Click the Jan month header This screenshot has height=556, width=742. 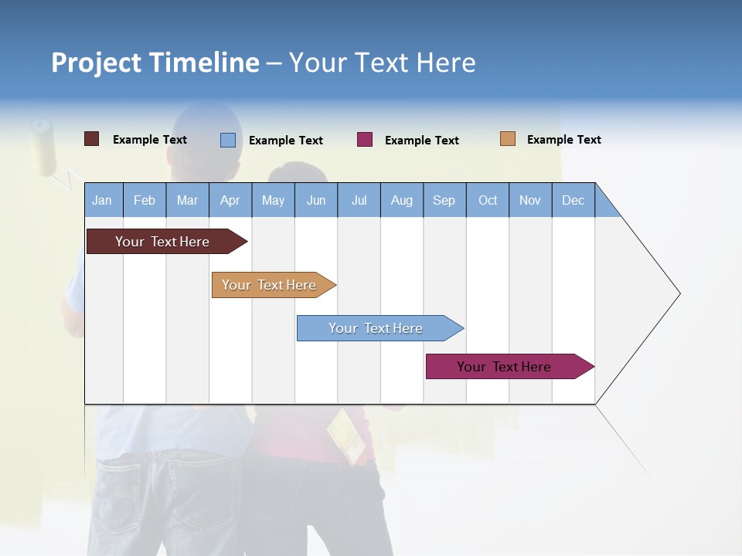[x=103, y=200]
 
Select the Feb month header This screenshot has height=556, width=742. [x=145, y=200]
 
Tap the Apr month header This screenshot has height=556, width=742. [x=230, y=200]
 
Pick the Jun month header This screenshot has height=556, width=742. [x=316, y=200]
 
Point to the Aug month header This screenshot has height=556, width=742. [x=402, y=200]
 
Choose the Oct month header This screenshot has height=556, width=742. [x=488, y=200]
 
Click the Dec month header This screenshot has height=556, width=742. [x=574, y=200]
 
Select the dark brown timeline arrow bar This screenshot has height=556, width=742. [x=162, y=242]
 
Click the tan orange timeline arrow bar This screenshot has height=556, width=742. [x=269, y=285]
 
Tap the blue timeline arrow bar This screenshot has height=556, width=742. [x=376, y=328]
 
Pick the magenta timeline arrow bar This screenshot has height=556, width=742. [x=504, y=367]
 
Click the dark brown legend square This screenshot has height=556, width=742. [x=91, y=139]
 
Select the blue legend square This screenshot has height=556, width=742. [x=227, y=140]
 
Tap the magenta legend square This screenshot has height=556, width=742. [x=364, y=140]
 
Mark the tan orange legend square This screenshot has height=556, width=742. [x=507, y=139]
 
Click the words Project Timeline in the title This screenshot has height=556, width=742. [x=155, y=63]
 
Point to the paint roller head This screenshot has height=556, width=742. [x=45, y=147]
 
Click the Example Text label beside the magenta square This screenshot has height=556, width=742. [x=422, y=141]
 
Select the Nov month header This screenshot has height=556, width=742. [x=530, y=200]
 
